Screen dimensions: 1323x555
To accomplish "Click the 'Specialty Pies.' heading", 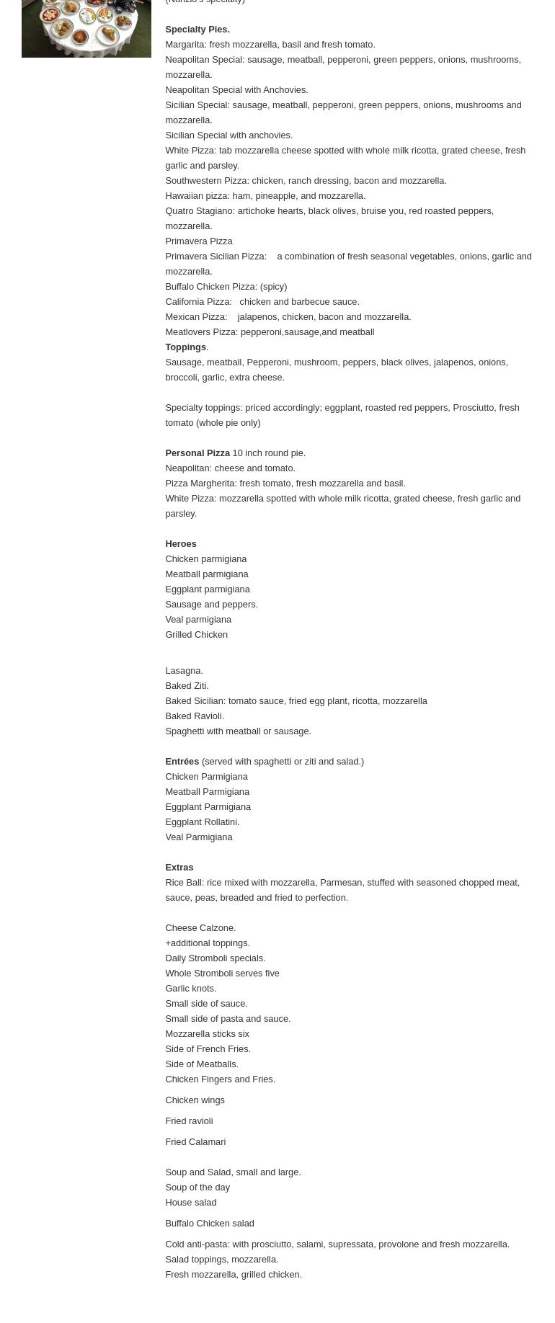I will [197, 30].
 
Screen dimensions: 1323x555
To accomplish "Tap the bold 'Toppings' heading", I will [185, 347].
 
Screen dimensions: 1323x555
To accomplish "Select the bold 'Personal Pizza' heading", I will [197, 453].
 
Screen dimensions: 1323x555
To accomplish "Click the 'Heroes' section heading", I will [180, 544].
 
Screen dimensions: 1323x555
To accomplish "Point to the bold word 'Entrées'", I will [182, 762].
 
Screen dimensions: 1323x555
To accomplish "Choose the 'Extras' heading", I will [179, 868].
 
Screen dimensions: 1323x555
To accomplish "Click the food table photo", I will [86, 28].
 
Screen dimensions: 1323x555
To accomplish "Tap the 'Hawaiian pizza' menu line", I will [265, 196].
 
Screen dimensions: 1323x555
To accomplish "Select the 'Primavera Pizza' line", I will [198, 241].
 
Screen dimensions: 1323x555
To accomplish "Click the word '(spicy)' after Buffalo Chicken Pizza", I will [273, 287].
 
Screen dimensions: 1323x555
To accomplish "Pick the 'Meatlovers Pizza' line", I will [269, 332].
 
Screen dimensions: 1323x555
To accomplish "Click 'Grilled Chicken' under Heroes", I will [196, 635].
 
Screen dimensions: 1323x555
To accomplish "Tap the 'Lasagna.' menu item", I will [184, 671].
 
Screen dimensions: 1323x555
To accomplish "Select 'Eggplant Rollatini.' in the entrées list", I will [202, 822].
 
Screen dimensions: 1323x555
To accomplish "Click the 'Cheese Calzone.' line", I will [200, 928].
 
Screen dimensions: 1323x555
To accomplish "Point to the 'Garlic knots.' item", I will [190, 989].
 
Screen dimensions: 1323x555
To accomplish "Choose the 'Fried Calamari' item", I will [195, 1142].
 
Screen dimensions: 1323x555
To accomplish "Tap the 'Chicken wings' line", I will [195, 1100].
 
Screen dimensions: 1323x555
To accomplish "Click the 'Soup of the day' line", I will [197, 1188].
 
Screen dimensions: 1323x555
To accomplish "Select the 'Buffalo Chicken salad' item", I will [209, 1224].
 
